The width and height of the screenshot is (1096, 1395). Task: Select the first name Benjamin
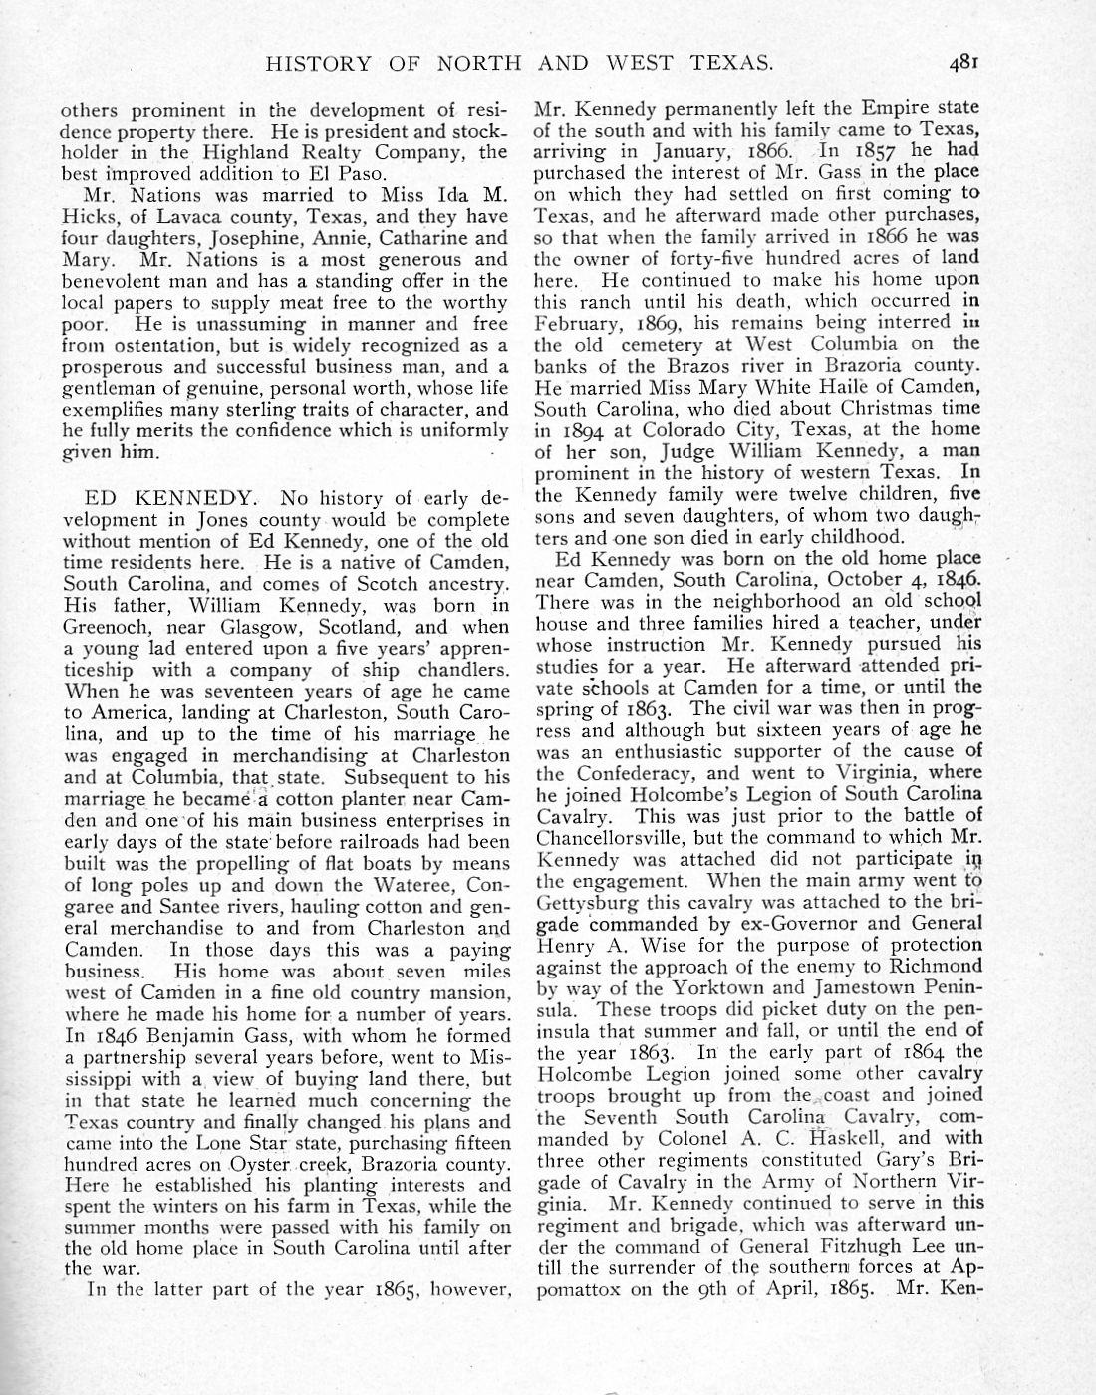pyautogui.click(x=164, y=1036)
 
